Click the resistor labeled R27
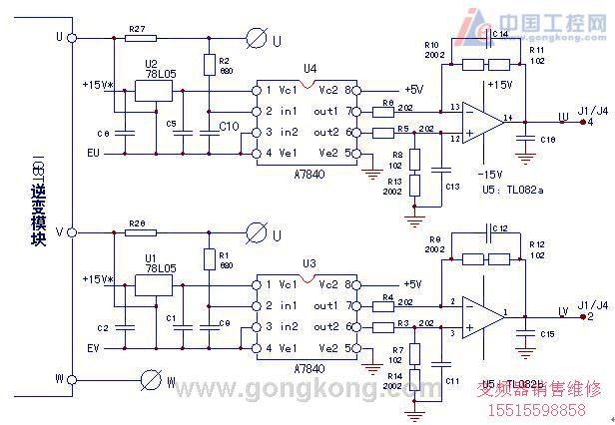(139, 40)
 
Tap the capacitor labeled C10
(208, 126)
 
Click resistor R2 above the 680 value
(208, 66)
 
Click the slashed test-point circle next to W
(151, 380)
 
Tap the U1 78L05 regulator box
(151, 287)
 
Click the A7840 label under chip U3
(307, 368)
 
